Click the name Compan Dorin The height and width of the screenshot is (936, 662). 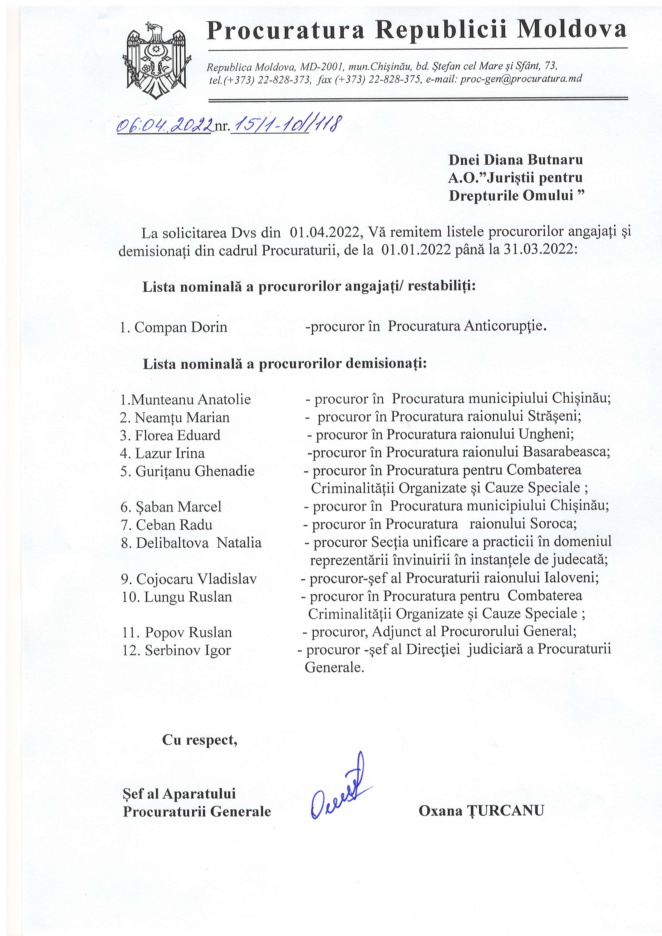coord(181,327)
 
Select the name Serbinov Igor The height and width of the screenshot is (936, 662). coord(188,650)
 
